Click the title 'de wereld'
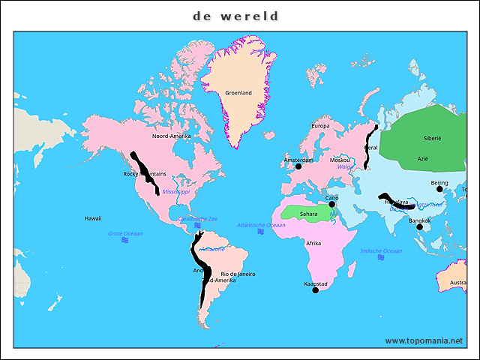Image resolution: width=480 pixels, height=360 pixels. pyautogui.click(x=235, y=16)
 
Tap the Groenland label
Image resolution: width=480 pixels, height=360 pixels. pyautogui.click(x=238, y=93)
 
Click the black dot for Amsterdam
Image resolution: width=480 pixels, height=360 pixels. pyautogui.click(x=298, y=166)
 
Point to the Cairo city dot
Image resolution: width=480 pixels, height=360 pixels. pyautogui.click(x=332, y=204)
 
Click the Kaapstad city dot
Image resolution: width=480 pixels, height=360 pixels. pyautogui.click(x=315, y=290)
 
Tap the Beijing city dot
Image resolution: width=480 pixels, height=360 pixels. pyautogui.click(x=439, y=189)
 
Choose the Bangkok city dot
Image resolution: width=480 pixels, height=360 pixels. pyautogui.click(x=419, y=227)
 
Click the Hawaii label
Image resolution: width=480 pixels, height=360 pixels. pyautogui.click(x=93, y=218)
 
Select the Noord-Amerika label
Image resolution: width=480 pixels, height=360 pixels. pyautogui.click(x=171, y=136)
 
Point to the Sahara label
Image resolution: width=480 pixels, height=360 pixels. pyautogui.click(x=308, y=214)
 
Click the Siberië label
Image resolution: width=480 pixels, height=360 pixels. pyautogui.click(x=433, y=139)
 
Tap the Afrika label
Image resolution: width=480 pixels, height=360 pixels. pyautogui.click(x=313, y=243)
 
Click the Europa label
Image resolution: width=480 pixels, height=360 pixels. pyautogui.click(x=320, y=126)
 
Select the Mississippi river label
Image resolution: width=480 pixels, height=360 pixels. pyautogui.click(x=175, y=192)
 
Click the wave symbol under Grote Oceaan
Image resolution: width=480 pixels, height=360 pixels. pyautogui.click(x=125, y=242)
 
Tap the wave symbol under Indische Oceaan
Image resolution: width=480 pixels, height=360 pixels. pyautogui.click(x=381, y=258)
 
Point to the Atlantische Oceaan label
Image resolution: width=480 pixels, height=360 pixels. pyautogui.click(x=261, y=225)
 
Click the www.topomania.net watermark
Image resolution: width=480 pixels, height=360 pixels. pyautogui.click(x=424, y=340)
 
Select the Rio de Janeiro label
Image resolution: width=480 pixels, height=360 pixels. pyautogui.click(x=238, y=274)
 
